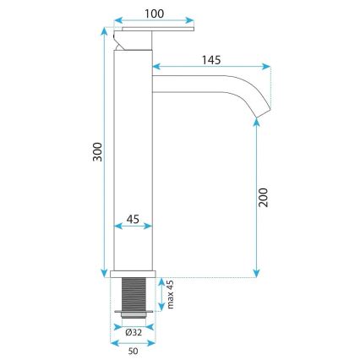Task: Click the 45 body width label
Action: [x=132, y=219]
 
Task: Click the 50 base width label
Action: [x=133, y=352]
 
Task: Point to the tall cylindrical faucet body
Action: [x=132, y=152]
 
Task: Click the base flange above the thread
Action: [x=133, y=274]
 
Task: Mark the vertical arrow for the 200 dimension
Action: [x=257, y=199]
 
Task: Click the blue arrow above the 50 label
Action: [x=133, y=342]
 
